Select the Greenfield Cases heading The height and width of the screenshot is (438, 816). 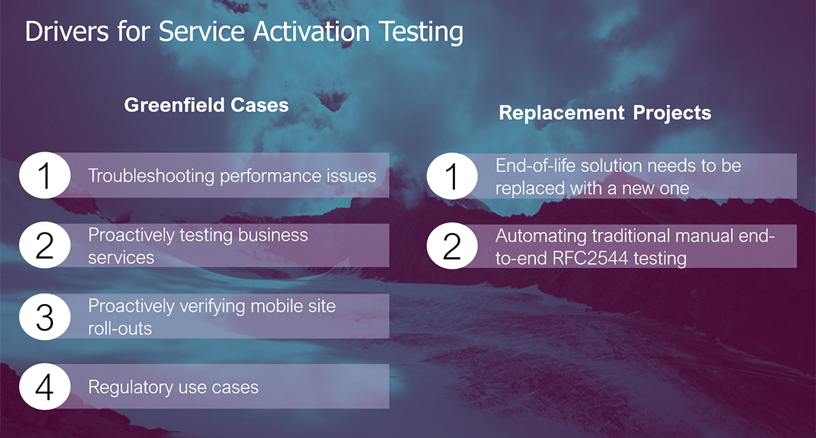206,105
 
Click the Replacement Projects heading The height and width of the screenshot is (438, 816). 605,113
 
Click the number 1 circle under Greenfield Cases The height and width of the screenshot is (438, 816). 44,175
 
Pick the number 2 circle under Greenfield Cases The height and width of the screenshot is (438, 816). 44,246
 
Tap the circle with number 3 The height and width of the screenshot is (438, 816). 44,316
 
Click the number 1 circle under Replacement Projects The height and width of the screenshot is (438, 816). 452,176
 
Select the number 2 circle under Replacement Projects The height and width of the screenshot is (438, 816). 452,246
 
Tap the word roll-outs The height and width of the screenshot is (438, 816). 120,328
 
